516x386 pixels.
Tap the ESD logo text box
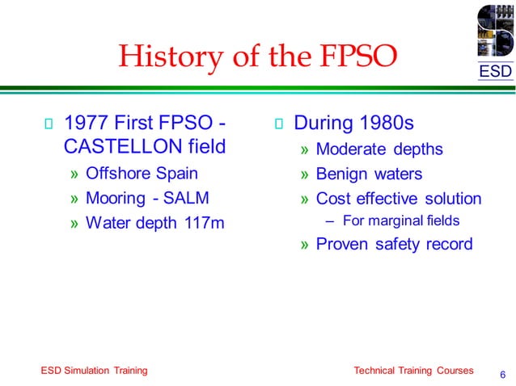[494, 72]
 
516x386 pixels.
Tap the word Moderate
[353, 149]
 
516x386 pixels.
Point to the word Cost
[332, 198]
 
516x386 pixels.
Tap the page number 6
[502, 374]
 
